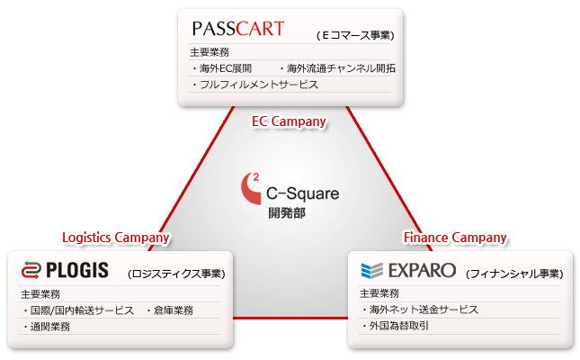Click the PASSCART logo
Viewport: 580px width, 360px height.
coord(238,29)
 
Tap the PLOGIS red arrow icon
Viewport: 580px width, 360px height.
coord(31,270)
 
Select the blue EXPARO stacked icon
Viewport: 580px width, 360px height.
coord(371,270)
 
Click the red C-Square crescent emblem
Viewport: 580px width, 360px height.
coord(251,188)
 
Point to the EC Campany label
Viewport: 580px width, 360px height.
coord(289,121)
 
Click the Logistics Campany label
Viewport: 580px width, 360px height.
coord(116,238)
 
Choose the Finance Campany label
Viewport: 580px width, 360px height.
coord(455,238)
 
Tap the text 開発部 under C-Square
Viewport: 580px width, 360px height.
coord(287,213)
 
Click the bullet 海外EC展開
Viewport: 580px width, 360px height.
coord(222,68)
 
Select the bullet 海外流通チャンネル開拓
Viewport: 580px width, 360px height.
coord(337,68)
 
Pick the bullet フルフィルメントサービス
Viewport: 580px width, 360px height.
coord(254,85)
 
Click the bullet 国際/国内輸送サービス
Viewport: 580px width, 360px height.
coord(78,310)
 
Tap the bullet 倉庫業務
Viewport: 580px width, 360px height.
coord(170,310)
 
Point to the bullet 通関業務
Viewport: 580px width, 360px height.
coord(46,327)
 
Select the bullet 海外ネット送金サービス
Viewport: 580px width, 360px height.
coord(420,310)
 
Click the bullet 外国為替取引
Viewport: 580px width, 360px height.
coord(395,326)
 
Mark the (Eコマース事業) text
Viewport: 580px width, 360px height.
coord(355,35)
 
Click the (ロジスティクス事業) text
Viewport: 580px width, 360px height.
coord(177,274)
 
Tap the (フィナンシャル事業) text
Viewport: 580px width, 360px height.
coord(514,274)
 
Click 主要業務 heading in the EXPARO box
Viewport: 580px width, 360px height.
coord(379,293)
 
